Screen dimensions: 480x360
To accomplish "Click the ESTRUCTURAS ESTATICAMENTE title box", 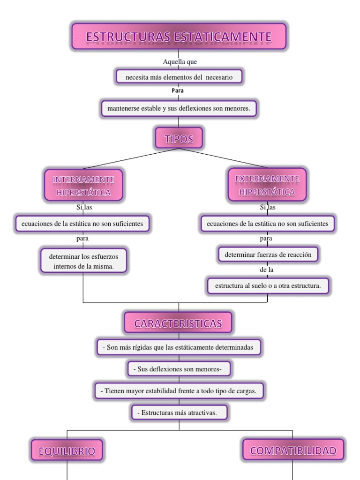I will click(179, 37).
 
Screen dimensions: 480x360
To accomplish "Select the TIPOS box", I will click(179, 138).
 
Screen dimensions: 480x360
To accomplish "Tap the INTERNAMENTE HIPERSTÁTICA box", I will click(83, 186).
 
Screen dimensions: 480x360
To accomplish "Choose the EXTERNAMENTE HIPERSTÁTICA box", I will click(267, 185).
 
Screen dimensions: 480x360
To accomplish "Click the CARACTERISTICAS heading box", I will click(178, 323).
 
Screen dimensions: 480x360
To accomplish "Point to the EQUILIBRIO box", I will click(67, 451).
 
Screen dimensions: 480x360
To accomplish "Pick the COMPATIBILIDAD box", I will click(293, 450).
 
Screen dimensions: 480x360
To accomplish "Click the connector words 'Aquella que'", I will click(180, 62).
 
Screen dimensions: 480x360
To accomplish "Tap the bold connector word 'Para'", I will click(178, 90).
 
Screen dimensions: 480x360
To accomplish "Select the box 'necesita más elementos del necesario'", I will click(179, 77).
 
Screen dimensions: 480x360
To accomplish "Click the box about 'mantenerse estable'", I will click(179, 109).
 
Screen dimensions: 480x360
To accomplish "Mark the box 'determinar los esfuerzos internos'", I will click(83, 261).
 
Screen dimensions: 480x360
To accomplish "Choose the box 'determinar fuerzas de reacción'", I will click(268, 255).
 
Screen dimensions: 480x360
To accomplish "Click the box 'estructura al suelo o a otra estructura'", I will click(268, 285).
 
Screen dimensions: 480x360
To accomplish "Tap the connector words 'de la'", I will click(266, 270).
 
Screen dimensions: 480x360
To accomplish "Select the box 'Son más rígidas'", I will click(178, 347).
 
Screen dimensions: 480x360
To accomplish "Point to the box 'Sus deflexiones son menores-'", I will click(179, 369).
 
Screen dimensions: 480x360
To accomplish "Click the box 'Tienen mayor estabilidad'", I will click(179, 390).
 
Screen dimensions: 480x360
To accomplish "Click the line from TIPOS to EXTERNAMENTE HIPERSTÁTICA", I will click(223, 157).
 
